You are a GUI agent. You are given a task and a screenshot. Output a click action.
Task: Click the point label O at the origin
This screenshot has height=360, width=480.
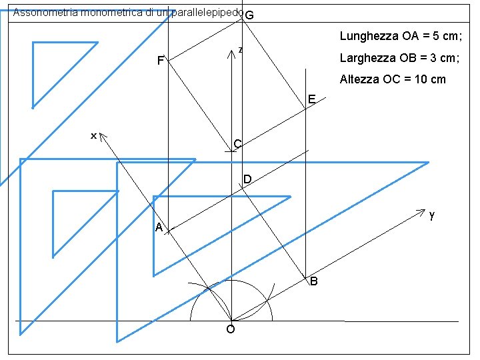(x=230, y=329)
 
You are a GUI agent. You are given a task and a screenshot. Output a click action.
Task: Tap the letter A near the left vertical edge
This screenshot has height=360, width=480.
(x=159, y=228)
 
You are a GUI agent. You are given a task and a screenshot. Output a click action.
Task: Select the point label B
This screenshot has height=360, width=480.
(x=313, y=282)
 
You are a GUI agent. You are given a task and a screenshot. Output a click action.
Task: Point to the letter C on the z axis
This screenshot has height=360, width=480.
(x=237, y=144)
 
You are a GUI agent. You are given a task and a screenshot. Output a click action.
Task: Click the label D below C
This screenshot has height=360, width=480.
(x=247, y=180)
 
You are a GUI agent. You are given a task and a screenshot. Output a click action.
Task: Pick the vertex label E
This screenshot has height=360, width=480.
(x=312, y=100)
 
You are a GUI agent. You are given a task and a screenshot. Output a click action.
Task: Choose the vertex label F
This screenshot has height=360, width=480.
(x=160, y=62)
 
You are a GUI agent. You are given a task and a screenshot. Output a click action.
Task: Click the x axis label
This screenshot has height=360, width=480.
(x=94, y=136)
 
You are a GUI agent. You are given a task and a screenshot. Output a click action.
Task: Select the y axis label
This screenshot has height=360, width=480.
(x=432, y=215)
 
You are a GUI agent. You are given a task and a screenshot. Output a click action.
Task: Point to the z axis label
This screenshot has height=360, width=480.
(x=240, y=49)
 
